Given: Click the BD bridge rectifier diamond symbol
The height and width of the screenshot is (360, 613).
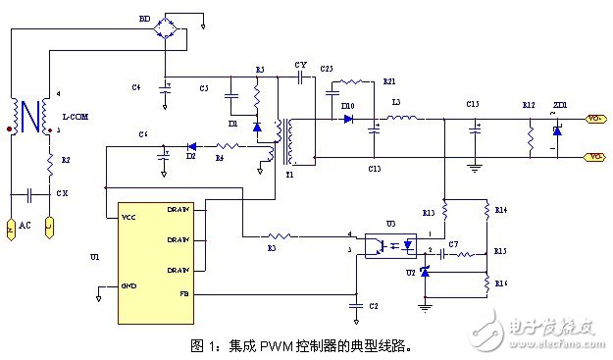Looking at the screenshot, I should [x=176, y=28].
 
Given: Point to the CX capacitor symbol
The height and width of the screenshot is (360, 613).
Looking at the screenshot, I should [x=35, y=193].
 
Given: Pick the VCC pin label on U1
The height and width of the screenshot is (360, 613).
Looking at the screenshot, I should [x=128, y=217].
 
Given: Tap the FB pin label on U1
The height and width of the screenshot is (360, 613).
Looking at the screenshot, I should [x=182, y=293].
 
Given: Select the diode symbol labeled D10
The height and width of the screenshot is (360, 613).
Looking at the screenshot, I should [x=348, y=119].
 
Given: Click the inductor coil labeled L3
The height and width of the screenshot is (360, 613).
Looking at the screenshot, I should [x=403, y=119].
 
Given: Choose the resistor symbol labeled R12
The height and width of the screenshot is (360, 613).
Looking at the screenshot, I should [x=530, y=137].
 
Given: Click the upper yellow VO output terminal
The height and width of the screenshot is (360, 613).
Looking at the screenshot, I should [x=594, y=119].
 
